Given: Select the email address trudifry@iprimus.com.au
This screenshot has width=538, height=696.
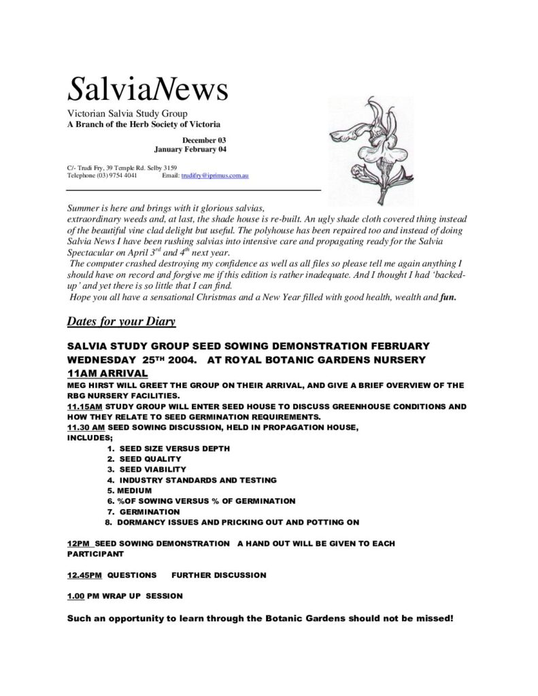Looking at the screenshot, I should [x=214, y=176].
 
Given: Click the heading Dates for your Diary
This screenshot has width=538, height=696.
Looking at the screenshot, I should [x=122, y=320].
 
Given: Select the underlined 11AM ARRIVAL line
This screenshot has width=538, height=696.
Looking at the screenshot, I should [x=107, y=373].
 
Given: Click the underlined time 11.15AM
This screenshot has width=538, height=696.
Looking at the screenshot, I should [x=84, y=406].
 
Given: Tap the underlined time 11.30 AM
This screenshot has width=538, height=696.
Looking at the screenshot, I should [x=86, y=427].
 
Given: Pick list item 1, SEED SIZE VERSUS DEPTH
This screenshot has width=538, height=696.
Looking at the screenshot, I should [x=173, y=449].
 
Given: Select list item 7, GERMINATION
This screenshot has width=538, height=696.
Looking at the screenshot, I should [x=148, y=511].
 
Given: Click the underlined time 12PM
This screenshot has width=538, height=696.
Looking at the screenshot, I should [x=80, y=544].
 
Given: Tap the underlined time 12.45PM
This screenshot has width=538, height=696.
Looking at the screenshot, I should [x=84, y=575].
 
